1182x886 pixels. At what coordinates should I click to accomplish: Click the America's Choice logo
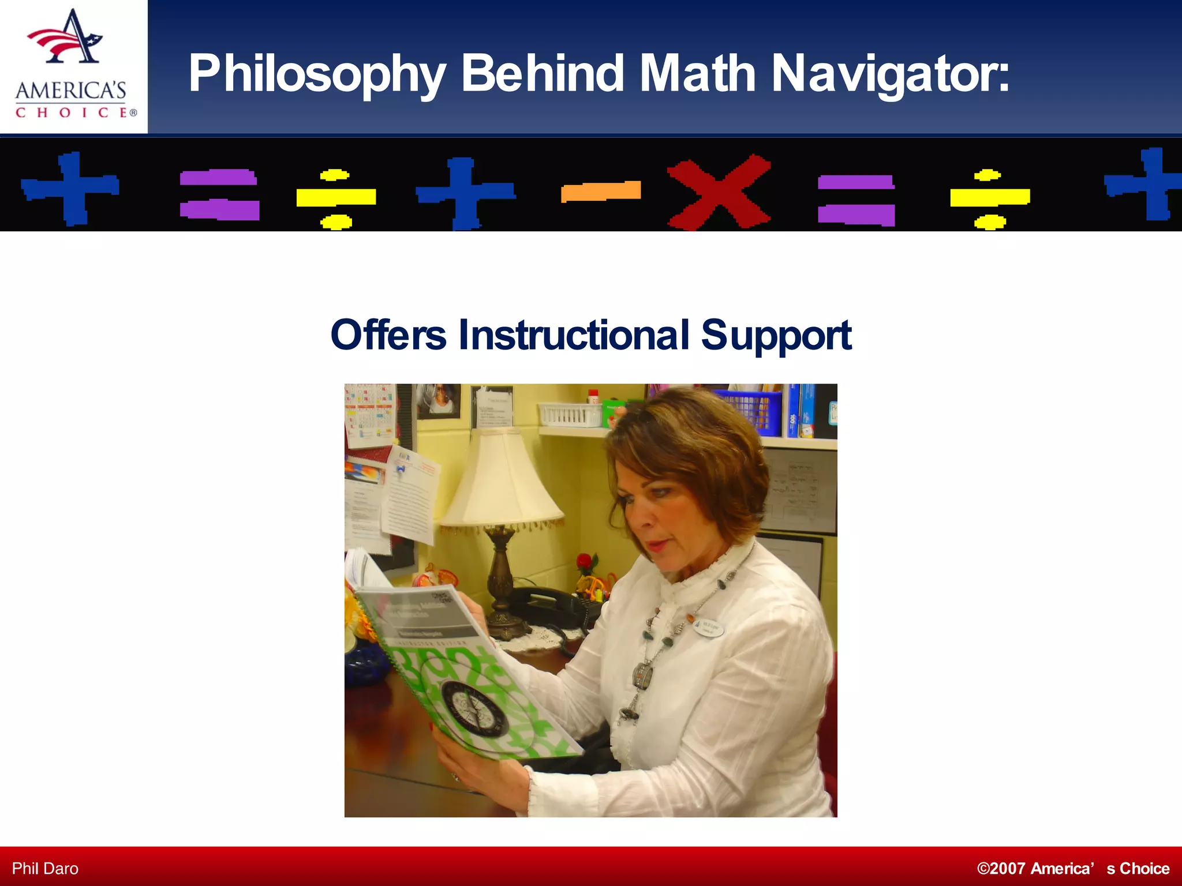tap(74, 66)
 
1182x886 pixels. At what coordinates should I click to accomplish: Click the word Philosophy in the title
tap(317, 74)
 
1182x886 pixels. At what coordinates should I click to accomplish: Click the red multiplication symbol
tap(719, 192)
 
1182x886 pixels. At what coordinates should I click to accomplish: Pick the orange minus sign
tap(601, 192)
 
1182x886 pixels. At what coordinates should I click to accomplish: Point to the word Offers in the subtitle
tap(388, 335)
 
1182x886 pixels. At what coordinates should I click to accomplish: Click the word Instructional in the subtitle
tap(574, 335)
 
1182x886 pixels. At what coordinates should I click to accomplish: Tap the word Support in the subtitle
tap(776, 336)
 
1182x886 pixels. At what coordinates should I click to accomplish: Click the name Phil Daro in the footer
tap(45, 869)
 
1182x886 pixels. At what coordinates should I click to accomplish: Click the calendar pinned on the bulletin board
tap(369, 412)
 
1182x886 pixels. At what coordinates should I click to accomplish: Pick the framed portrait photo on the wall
tap(439, 400)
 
